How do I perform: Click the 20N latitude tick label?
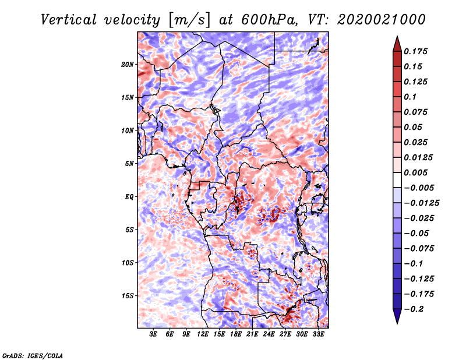point(128,65)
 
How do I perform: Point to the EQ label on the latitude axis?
point(129,197)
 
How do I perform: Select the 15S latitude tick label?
point(128,296)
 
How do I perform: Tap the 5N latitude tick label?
point(129,164)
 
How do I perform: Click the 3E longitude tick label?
point(153,334)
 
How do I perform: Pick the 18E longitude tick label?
point(236,334)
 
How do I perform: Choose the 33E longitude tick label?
point(318,334)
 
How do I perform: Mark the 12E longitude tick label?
point(203,334)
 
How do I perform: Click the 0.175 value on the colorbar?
point(415,51)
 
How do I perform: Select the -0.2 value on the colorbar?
point(414,309)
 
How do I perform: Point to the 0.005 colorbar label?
point(415,172)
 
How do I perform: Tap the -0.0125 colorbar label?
point(421,203)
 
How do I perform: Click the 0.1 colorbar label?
point(410,97)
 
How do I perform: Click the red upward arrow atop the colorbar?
point(397,44)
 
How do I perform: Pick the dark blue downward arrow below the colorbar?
point(397,316)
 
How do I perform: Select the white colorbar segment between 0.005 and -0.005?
point(397,180)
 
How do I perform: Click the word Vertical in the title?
point(69,20)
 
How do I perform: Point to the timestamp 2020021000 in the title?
point(382,20)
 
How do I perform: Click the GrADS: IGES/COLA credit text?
point(33,355)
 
